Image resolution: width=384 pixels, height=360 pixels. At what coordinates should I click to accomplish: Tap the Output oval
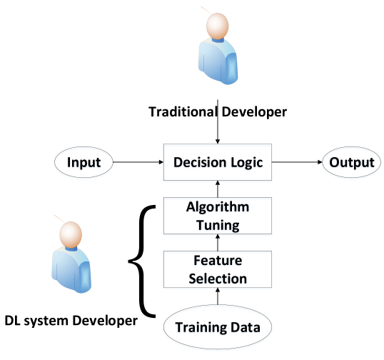click(x=351, y=163)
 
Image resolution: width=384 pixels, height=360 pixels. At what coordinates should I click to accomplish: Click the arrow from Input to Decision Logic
click(x=140, y=163)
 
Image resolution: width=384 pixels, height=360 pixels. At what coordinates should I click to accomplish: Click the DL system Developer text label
click(x=71, y=321)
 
